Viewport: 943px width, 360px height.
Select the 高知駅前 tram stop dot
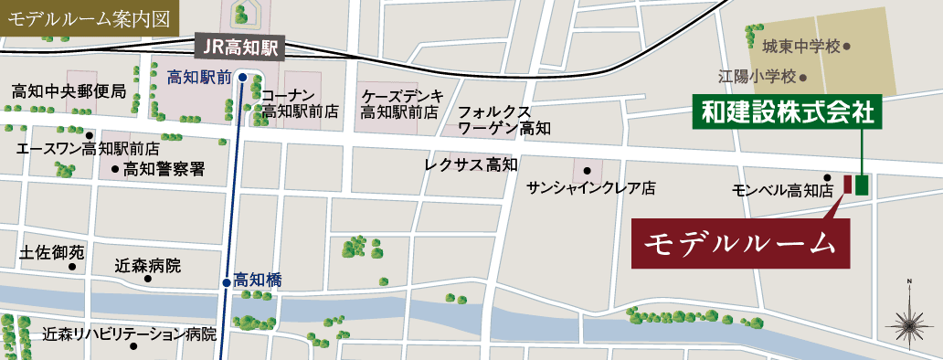242,78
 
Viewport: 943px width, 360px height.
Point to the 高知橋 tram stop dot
227,282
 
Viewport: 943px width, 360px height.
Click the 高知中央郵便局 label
69,91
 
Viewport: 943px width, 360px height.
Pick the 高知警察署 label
164,169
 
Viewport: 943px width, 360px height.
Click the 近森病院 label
147,267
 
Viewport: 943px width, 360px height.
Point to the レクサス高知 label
471,165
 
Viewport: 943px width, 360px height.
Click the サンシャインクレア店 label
591,188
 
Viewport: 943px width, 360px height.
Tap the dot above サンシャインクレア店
587,171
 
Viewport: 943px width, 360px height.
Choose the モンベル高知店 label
783,192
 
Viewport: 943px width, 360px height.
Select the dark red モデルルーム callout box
741,243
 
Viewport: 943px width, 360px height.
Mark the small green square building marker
862,184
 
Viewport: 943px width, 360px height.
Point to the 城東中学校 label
801,45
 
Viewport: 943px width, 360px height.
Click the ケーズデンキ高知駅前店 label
402,103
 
